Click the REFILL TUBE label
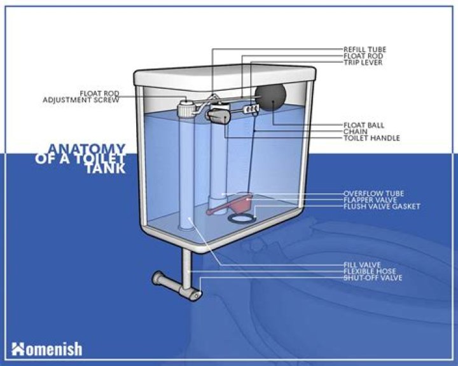[x=364, y=50]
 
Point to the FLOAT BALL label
[x=363, y=125]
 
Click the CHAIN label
[x=355, y=132]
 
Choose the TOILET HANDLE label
[x=371, y=138]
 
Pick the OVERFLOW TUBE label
[x=373, y=193]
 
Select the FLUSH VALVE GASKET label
[x=381, y=206]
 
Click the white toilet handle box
[x=218, y=116]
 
